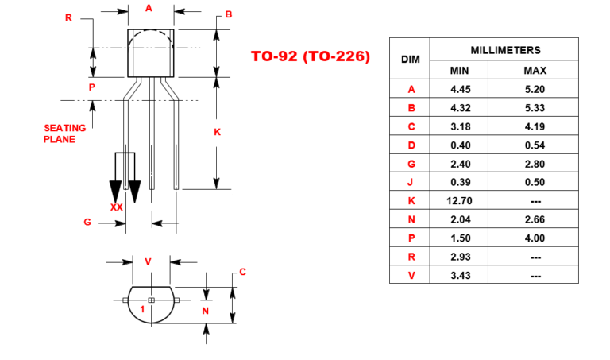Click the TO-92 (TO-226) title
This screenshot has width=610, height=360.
click(311, 56)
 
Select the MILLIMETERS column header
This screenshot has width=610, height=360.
click(505, 49)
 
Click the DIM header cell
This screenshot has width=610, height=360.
click(410, 60)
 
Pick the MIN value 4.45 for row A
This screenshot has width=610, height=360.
click(460, 90)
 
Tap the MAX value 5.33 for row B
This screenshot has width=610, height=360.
click(535, 108)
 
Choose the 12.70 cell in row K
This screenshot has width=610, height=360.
click(460, 201)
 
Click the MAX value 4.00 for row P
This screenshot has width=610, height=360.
click(535, 238)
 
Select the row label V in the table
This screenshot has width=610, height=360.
click(411, 276)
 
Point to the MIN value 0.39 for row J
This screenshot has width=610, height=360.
click(460, 183)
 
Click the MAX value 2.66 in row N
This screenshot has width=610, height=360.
click(535, 219)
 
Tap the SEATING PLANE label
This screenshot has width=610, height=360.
click(60, 134)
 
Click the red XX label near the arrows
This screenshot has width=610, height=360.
click(117, 207)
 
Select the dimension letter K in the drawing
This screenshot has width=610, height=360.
click(217, 132)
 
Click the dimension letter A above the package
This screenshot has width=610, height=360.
click(149, 8)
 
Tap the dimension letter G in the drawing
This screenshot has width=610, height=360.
click(87, 223)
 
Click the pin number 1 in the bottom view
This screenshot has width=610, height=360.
click(141, 308)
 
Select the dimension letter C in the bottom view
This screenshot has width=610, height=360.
click(242, 272)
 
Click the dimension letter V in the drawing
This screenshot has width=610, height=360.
click(148, 261)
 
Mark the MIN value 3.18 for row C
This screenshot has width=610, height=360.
click(460, 127)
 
